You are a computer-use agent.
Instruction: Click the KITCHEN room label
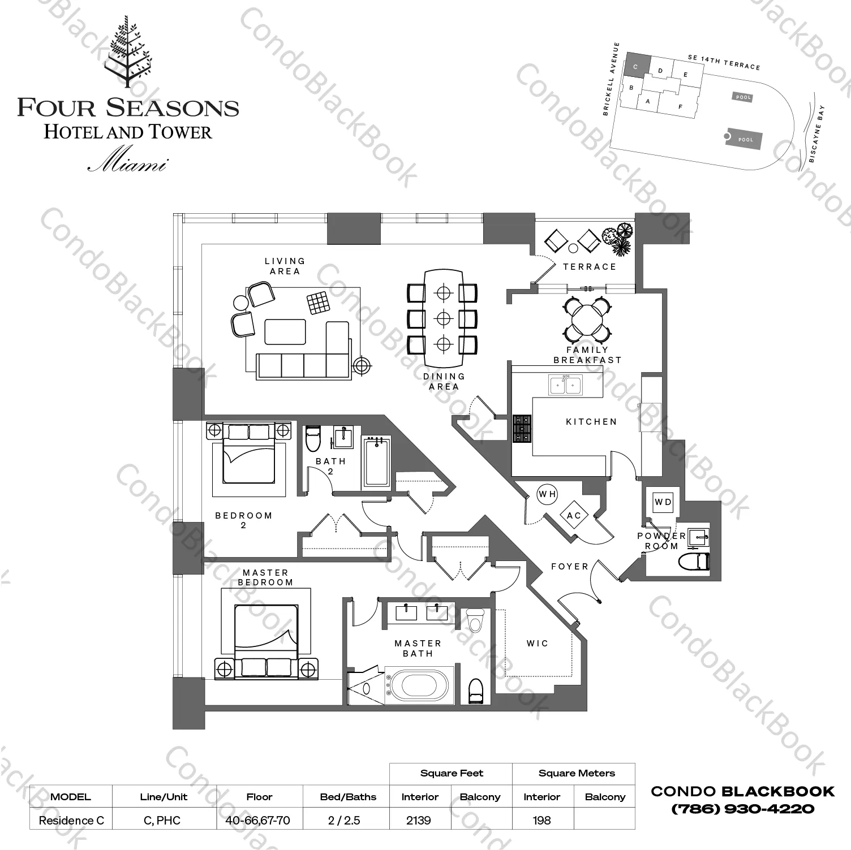pyautogui.click(x=591, y=422)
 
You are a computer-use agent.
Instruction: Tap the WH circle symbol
pyautogui.click(x=547, y=494)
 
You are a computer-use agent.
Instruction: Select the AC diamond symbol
pyautogui.click(x=574, y=516)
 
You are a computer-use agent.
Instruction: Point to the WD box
pyautogui.click(x=663, y=502)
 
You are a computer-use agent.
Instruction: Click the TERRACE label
pyautogui.click(x=590, y=267)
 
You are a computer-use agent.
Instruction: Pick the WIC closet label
pyautogui.click(x=537, y=644)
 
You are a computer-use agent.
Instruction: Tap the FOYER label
pyautogui.click(x=570, y=567)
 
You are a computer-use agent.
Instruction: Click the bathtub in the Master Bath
pyautogui.click(x=419, y=685)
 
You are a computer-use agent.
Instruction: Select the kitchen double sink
pyautogui.click(x=565, y=386)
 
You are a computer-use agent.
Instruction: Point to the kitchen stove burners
pyautogui.click(x=522, y=428)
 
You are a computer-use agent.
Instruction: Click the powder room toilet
pyautogui.click(x=694, y=562)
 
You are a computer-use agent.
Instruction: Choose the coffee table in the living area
pyautogui.click(x=285, y=332)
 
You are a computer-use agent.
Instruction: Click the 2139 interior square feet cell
pyautogui.click(x=419, y=820)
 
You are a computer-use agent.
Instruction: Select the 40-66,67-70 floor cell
pyautogui.click(x=258, y=820)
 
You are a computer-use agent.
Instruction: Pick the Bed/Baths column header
pyautogui.click(x=348, y=797)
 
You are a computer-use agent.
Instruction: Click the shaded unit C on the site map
pyautogui.click(x=636, y=66)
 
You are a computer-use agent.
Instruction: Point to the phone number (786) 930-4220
pyautogui.click(x=743, y=809)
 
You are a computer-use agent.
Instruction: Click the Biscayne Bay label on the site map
pyautogui.click(x=817, y=134)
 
